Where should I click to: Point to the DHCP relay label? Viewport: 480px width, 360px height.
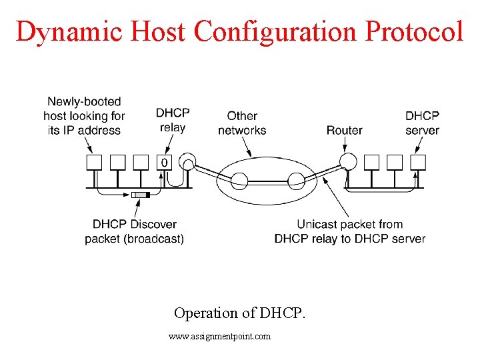(172, 121)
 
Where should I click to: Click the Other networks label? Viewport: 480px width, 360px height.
(242, 123)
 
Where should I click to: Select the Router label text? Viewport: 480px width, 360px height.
(344, 130)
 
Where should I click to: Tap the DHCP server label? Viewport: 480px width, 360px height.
(422, 123)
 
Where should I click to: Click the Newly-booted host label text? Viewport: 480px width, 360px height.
(84, 115)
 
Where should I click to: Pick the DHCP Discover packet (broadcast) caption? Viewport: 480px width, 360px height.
(134, 231)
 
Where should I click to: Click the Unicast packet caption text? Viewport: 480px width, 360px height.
(350, 231)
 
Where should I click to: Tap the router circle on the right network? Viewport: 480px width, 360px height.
(346, 161)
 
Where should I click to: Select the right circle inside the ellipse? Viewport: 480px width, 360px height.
(295, 178)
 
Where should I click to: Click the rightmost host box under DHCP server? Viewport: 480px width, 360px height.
(418, 162)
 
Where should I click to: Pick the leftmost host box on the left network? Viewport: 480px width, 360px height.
(94, 162)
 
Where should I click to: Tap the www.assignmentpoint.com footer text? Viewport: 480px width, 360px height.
(220, 337)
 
